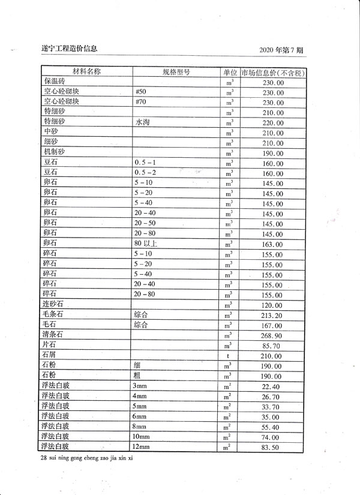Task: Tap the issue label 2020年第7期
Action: pos(283,49)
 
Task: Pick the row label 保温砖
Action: pos(53,82)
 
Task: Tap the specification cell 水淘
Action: pos(142,122)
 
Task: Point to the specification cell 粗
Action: pos(138,376)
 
